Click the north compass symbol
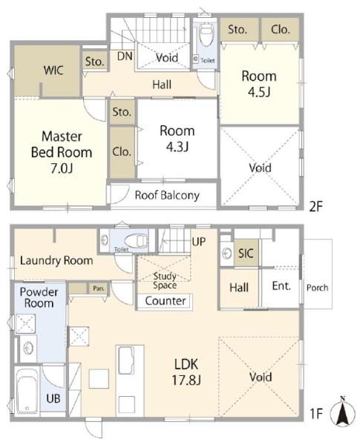click(x=342, y=411)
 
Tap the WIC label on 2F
click(x=53, y=70)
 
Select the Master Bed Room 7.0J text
click(x=62, y=152)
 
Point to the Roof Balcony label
click(x=167, y=195)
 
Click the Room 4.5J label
click(x=259, y=84)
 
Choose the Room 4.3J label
click(x=177, y=139)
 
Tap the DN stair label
click(x=125, y=56)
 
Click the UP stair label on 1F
click(x=199, y=242)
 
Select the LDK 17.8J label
click(x=186, y=372)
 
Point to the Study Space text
click(x=165, y=280)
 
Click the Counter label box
click(x=165, y=301)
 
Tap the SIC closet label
click(x=246, y=253)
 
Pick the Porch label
click(x=318, y=288)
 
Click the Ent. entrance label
click(x=281, y=286)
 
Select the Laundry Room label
click(x=56, y=260)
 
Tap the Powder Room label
click(x=39, y=297)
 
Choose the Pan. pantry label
click(x=98, y=289)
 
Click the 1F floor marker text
click(x=316, y=414)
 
